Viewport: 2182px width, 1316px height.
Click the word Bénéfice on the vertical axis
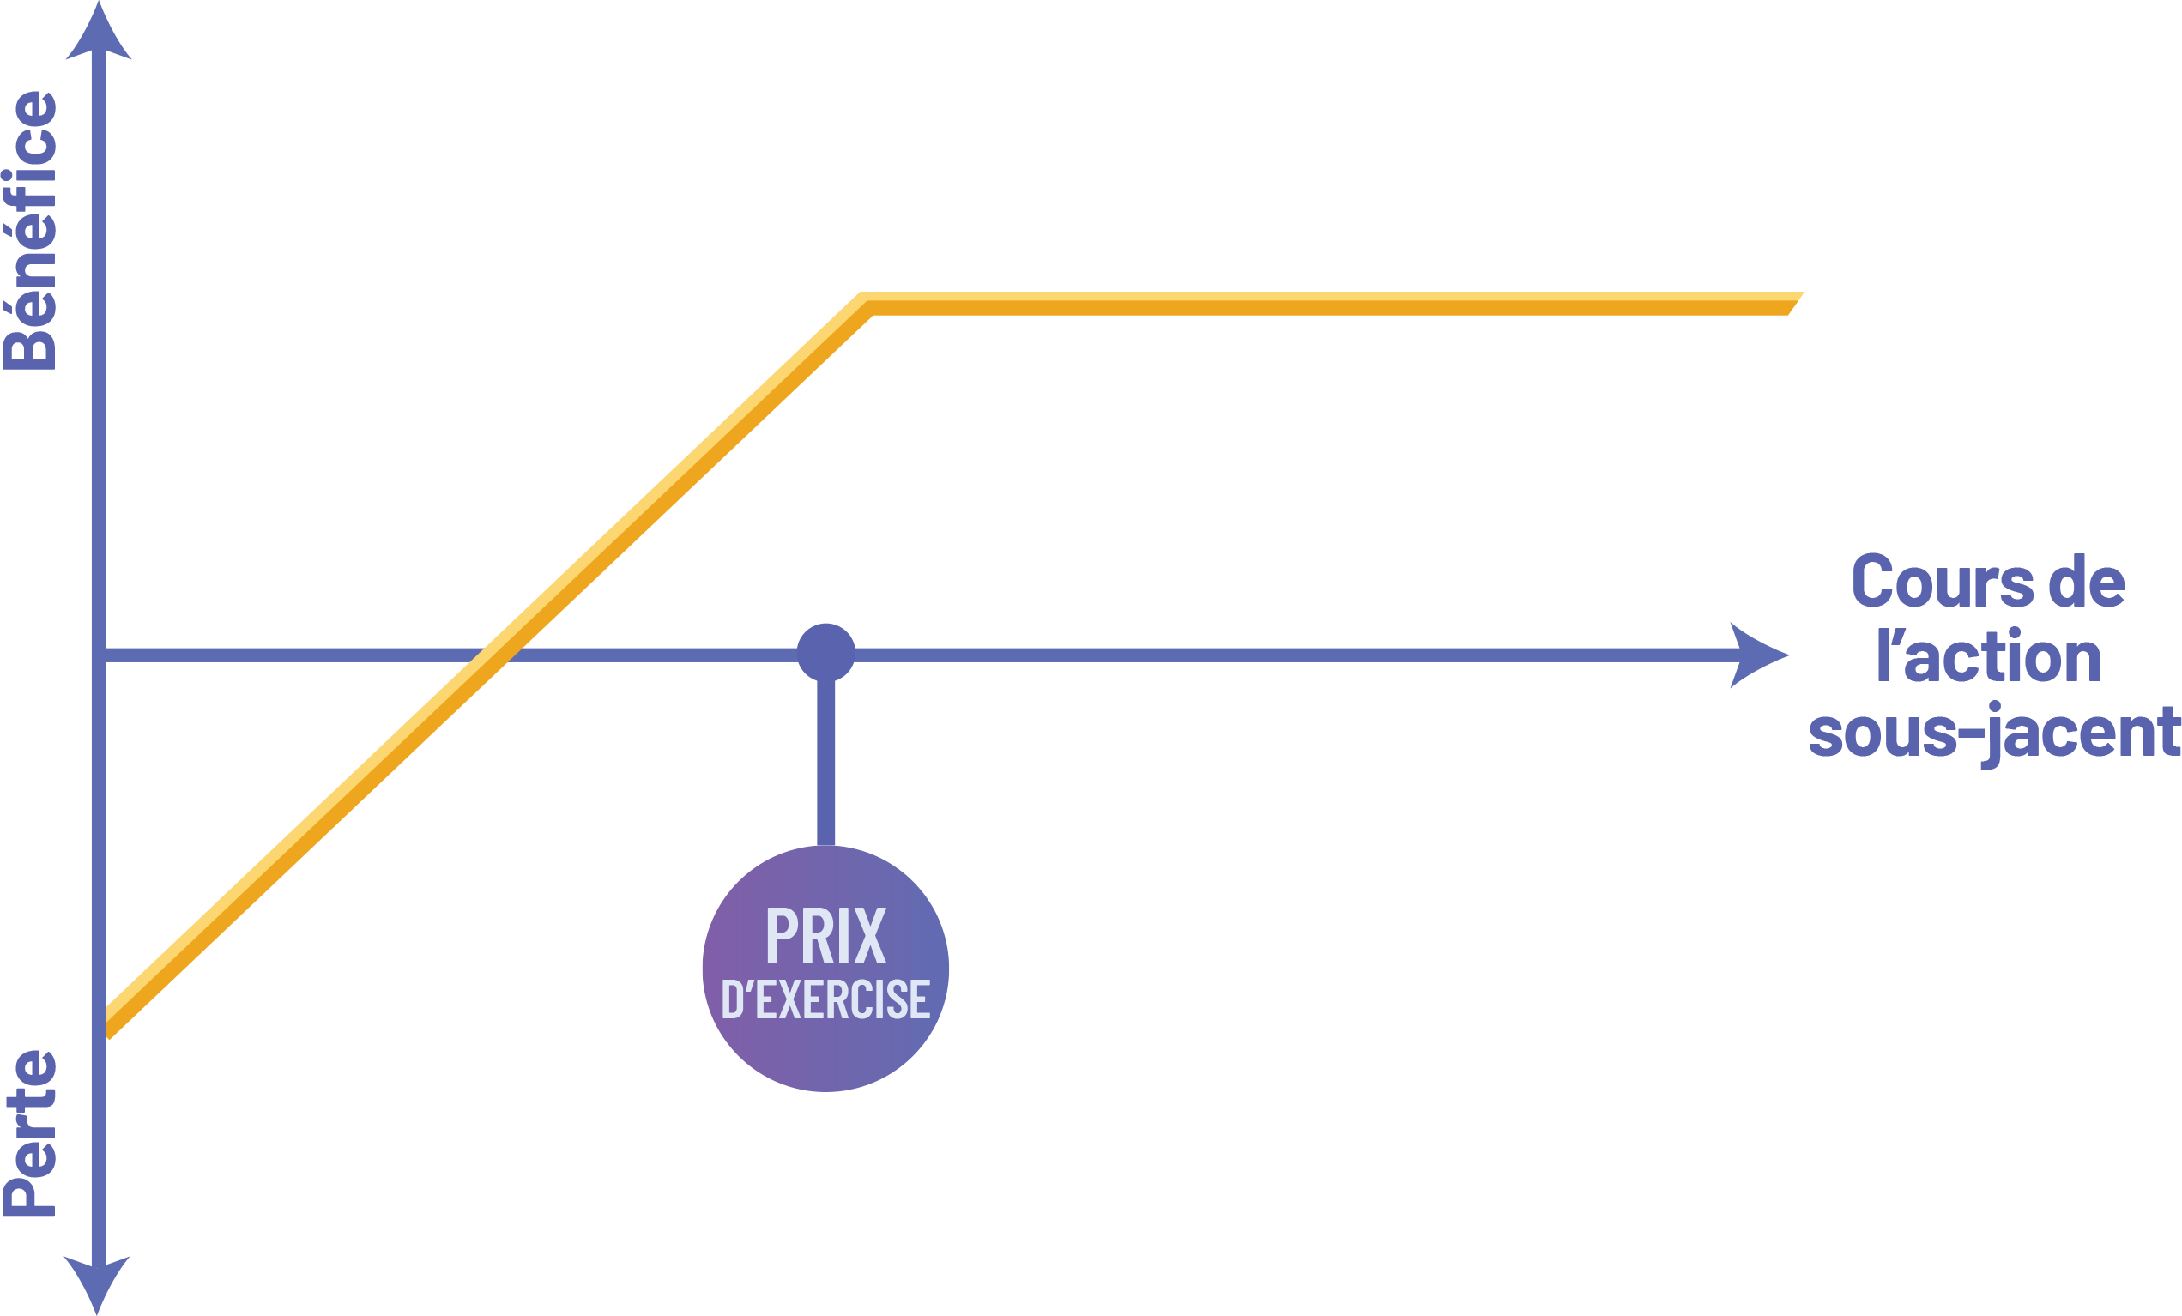[x=31, y=230]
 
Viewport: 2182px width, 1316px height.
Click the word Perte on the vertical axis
[x=31, y=1133]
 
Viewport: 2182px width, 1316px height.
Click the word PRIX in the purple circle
[x=825, y=936]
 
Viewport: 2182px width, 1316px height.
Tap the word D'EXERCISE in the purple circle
[x=825, y=999]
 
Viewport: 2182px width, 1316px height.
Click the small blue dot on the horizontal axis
[x=825, y=653]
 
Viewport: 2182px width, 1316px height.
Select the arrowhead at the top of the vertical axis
[x=100, y=35]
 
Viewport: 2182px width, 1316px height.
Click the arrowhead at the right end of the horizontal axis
[x=1758, y=655]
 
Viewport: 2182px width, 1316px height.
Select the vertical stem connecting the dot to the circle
[x=825, y=762]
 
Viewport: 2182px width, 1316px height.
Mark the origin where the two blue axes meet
[x=100, y=655]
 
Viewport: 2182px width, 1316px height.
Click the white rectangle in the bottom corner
[x=1967, y=1096]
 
